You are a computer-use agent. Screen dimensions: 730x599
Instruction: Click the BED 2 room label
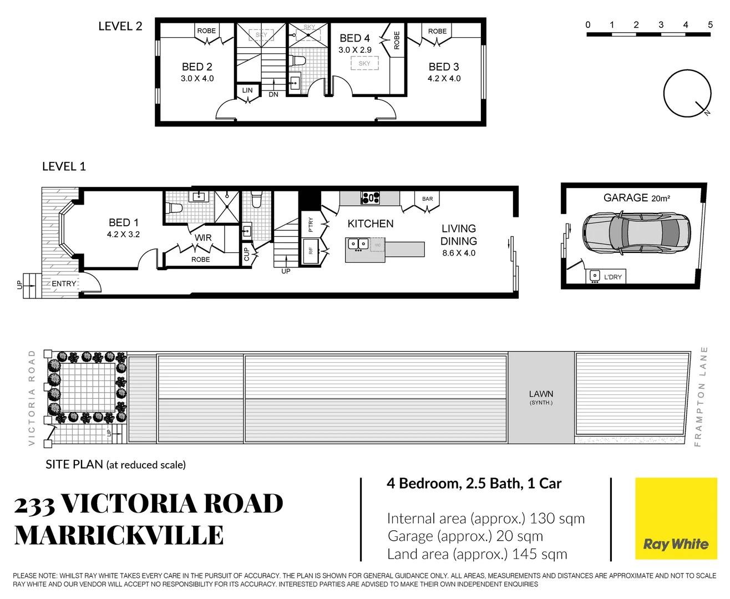click(197, 67)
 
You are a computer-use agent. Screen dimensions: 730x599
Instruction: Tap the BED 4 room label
click(355, 38)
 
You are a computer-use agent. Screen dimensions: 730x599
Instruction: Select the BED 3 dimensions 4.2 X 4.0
click(444, 79)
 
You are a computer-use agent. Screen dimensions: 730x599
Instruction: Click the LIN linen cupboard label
click(247, 90)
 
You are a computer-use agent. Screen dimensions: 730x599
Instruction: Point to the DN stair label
click(273, 94)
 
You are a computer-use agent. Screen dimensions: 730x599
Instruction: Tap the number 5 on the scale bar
click(710, 25)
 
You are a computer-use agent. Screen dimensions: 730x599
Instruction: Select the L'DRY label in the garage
click(612, 277)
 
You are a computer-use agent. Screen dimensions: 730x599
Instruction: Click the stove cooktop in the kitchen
click(371, 199)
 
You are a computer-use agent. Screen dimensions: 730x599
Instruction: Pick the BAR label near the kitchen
click(428, 199)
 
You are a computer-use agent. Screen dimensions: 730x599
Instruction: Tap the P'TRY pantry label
click(311, 225)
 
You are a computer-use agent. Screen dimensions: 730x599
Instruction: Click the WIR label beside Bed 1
click(203, 238)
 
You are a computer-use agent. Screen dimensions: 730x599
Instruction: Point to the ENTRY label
click(64, 284)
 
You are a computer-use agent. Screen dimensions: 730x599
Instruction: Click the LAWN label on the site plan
click(541, 394)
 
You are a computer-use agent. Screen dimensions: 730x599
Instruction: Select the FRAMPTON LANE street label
click(701, 397)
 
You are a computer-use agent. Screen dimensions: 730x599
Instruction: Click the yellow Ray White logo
click(676, 519)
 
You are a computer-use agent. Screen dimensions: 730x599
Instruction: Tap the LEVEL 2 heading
click(120, 26)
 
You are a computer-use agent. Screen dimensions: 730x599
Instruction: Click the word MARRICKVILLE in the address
click(119, 535)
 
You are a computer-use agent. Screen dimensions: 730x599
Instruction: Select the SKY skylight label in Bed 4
click(364, 63)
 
